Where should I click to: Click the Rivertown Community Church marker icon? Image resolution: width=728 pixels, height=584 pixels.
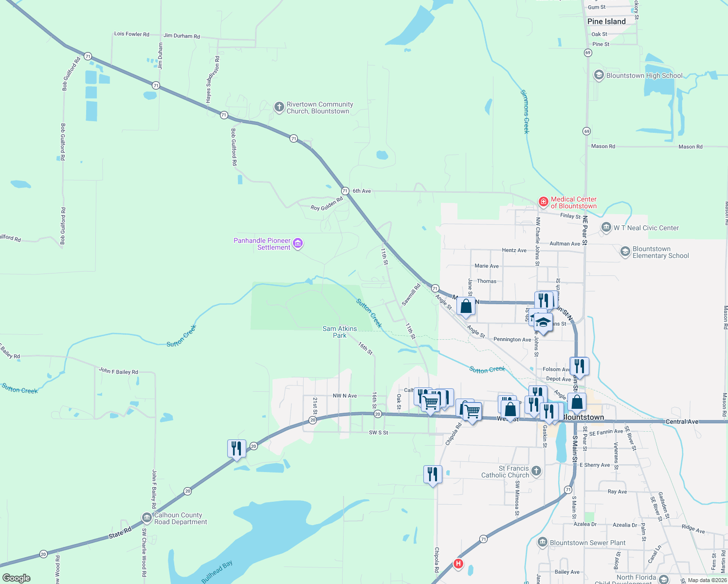(279, 107)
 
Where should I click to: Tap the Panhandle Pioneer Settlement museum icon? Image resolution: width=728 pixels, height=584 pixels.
(298, 243)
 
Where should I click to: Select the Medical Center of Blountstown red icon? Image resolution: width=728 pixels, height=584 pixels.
(543, 202)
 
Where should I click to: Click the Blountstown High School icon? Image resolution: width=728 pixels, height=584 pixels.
(599, 75)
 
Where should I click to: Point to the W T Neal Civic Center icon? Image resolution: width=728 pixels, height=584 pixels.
(606, 227)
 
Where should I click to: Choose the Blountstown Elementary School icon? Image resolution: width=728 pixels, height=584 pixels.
(625, 252)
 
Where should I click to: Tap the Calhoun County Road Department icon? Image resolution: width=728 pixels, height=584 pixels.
(147, 518)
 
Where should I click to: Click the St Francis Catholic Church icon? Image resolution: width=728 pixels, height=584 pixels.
(536, 471)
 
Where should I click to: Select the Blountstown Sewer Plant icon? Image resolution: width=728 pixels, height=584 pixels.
(543, 542)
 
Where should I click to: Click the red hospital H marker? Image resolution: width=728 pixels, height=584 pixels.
(458, 564)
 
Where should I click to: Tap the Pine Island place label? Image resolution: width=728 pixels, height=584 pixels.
(606, 21)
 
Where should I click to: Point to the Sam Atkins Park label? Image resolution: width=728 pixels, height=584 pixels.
(340, 332)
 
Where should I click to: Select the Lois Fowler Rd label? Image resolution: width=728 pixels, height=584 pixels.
(131, 34)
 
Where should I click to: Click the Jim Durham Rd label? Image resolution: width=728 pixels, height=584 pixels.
(182, 36)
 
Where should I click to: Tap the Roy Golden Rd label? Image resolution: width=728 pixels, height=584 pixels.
(327, 204)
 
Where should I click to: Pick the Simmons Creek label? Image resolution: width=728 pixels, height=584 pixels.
(525, 111)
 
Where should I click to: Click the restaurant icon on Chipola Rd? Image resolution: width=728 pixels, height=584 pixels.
(433, 474)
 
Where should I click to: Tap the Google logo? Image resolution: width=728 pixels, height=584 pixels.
(17, 578)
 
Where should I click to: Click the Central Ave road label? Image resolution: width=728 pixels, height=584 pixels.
(681, 421)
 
